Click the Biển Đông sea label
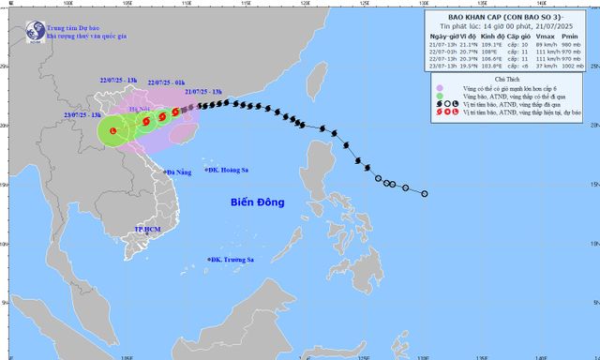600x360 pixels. [257, 202]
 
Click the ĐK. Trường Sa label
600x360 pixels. [235, 259]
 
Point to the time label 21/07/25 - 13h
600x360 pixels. [203, 92]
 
